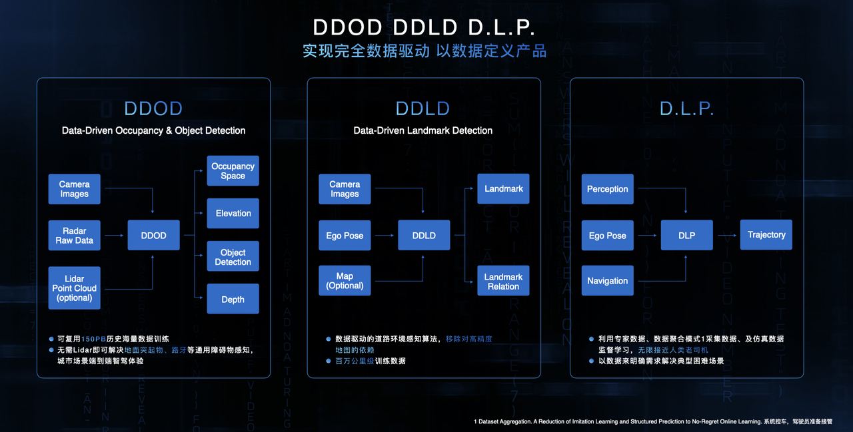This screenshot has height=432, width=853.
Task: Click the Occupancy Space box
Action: pyautogui.click(x=233, y=171)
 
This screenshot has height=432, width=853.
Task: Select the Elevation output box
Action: pyautogui.click(x=233, y=214)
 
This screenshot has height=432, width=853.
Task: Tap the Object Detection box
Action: pyautogui.click(x=233, y=257)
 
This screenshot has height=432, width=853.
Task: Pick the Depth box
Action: pyautogui.click(x=233, y=300)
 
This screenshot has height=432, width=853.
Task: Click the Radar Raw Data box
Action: pyautogui.click(x=74, y=236)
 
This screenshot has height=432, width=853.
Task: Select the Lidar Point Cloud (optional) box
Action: pyautogui.click(x=74, y=288)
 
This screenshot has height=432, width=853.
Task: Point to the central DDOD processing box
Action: pyautogui.click(x=153, y=235)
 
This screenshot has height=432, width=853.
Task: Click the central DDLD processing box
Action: pyautogui.click(x=424, y=235)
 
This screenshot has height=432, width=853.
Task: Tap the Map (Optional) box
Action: pyautogui.click(x=345, y=281)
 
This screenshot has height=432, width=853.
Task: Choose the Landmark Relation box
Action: pyautogui.click(x=503, y=282)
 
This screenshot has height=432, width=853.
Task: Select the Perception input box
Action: pyautogui.click(x=607, y=189)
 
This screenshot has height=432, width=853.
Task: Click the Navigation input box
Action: pyautogui.click(x=607, y=281)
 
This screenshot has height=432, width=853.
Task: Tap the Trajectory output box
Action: pyautogui.click(x=766, y=235)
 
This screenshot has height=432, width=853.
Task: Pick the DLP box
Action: pyautogui.click(x=686, y=235)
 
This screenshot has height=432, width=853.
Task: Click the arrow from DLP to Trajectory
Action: pyautogui.click(x=726, y=235)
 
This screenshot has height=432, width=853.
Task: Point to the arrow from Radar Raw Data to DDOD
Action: pyautogui.click(x=114, y=235)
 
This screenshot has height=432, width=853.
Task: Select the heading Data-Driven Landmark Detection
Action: pyautogui.click(x=423, y=130)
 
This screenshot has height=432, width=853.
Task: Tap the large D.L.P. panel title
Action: pyautogui.click(x=686, y=108)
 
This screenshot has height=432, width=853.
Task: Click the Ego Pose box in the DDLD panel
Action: pyautogui.click(x=345, y=236)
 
